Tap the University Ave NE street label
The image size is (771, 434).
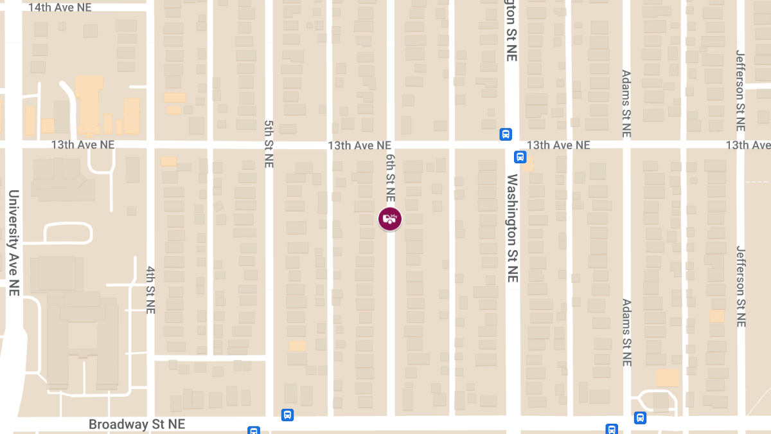coord(13,243)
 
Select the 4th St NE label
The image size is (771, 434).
coord(151,289)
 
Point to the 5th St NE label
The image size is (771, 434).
coord(269,143)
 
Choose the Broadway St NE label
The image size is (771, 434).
coord(137,424)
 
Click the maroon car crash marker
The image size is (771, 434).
coord(389,219)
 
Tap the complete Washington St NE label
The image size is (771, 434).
coord(512,228)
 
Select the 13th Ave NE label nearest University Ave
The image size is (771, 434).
coord(83,145)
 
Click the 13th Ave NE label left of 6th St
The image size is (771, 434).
coord(359,146)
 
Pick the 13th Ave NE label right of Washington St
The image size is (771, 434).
coord(558,145)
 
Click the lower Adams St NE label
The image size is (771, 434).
coord(627,332)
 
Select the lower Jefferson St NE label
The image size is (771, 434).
coord(741,286)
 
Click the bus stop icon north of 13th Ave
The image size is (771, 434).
coord(506,134)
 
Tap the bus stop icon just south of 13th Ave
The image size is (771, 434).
coord(520,157)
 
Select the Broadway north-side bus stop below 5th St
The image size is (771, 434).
coord(287,415)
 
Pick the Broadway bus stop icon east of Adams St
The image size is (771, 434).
coord(640,418)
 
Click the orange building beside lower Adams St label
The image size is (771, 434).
coord(667,377)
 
